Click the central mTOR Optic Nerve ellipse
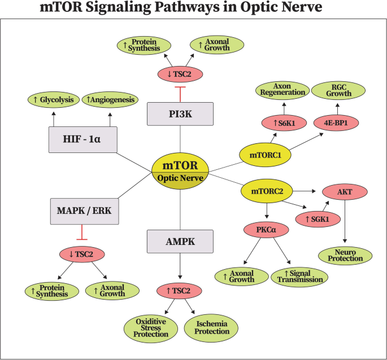point(181,172)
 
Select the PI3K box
point(180,113)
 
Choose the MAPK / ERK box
point(83,211)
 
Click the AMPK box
point(180,241)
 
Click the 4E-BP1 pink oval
point(332,122)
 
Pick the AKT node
point(345,192)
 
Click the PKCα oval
point(266,230)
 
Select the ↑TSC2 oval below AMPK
point(180,291)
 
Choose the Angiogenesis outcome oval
point(110,100)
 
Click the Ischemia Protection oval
point(209,327)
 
